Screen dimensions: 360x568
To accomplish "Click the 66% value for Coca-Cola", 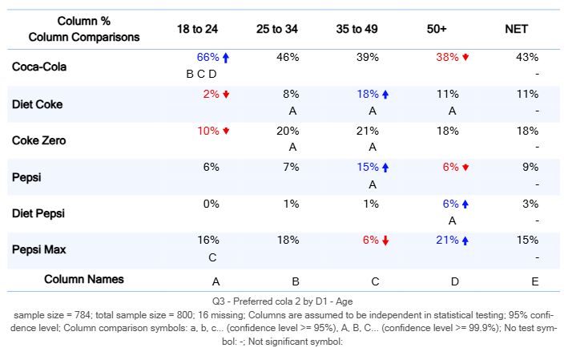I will point(207,58).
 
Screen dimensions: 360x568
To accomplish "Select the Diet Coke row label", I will point(37,104).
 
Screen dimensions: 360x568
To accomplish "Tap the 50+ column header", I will point(437,29).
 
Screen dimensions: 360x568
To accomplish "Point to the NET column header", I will point(516,29).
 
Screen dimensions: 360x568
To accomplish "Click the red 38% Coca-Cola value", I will point(447,58).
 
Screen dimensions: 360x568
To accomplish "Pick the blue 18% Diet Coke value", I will point(368,94).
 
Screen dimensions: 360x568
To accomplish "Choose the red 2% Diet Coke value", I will point(211,94).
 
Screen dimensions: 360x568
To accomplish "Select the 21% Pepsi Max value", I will point(447,240).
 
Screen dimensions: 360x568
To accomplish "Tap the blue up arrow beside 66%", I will point(226,58).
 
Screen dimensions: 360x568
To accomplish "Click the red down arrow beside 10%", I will point(226,131).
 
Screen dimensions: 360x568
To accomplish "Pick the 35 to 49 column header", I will point(357,29).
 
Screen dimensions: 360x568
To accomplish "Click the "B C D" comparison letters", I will point(201,74).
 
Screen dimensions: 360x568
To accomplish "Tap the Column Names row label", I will point(84,279).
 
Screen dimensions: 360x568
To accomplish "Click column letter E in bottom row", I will point(535,281).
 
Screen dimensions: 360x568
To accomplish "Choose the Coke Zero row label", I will point(38,140).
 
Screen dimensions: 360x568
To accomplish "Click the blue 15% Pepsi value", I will point(368,167).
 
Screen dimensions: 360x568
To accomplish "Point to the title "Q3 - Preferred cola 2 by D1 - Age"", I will point(284,301).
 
